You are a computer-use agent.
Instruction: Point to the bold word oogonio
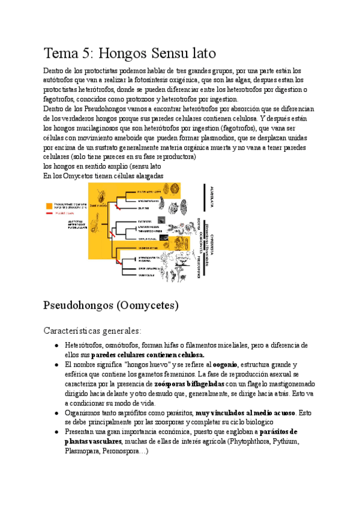(x=224, y=364)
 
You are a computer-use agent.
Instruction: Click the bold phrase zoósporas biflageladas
(x=189, y=383)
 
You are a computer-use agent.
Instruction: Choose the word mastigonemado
(x=280, y=383)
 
